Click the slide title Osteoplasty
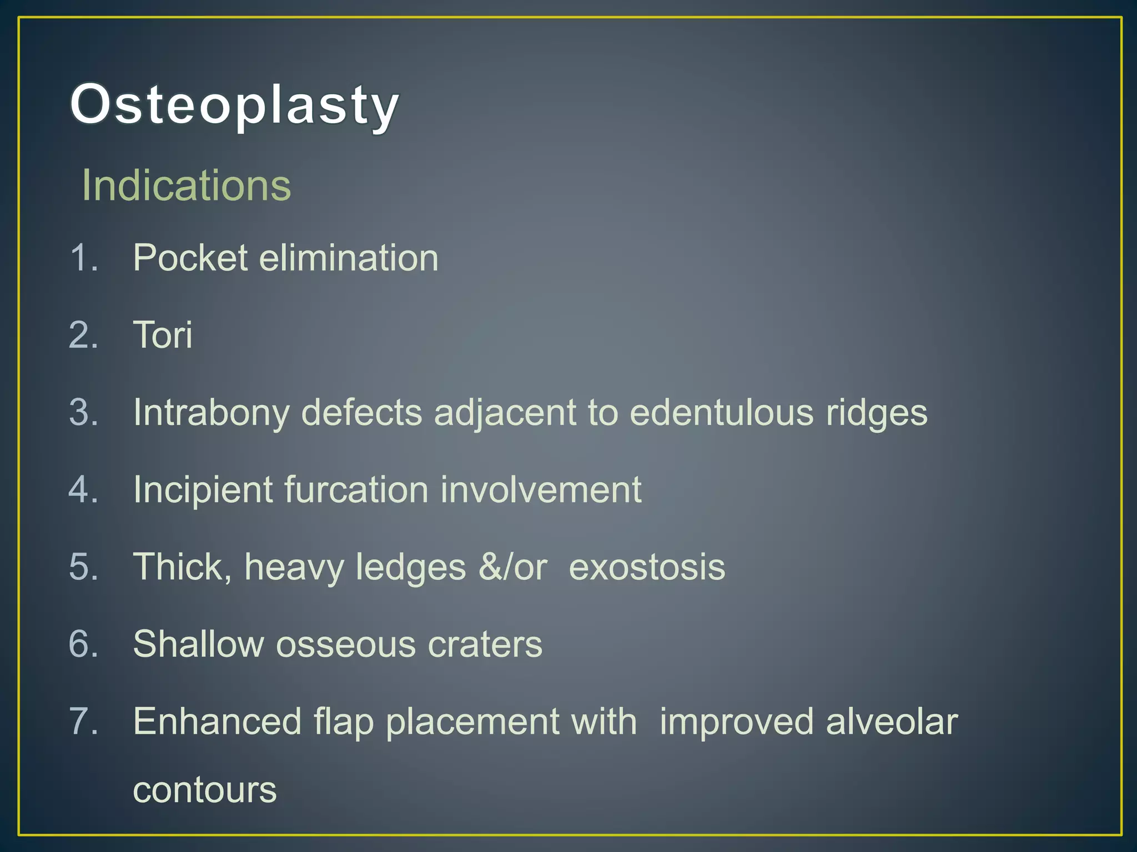pyautogui.click(x=234, y=104)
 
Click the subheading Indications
pyautogui.click(x=187, y=185)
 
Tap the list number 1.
pyautogui.click(x=83, y=258)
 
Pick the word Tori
pyautogui.click(x=163, y=335)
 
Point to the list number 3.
pyautogui.click(x=83, y=413)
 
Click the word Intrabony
pyautogui.click(x=211, y=413)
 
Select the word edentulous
pyautogui.click(x=721, y=413)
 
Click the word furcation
pyautogui.click(x=356, y=490)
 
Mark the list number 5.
pyautogui.click(x=83, y=567)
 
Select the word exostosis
pyautogui.click(x=647, y=567)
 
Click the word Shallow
pyautogui.click(x=198, y=644)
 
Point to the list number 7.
pyautogui.click(x=83, y=722)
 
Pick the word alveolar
pyautogui.click(x=892, y=722)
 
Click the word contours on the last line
pyautogui.click(x=204, y=790)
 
